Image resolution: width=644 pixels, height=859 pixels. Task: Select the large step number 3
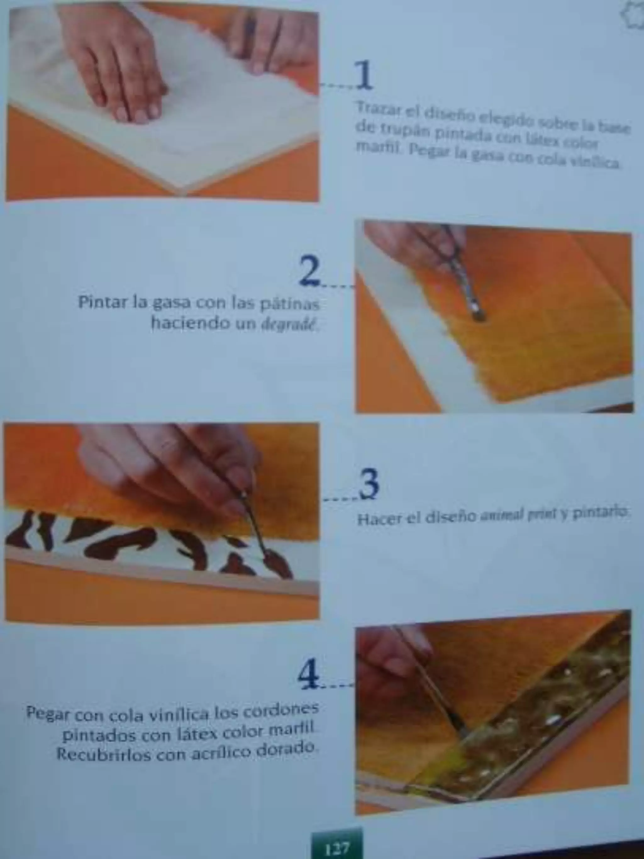[x=369, y=484]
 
